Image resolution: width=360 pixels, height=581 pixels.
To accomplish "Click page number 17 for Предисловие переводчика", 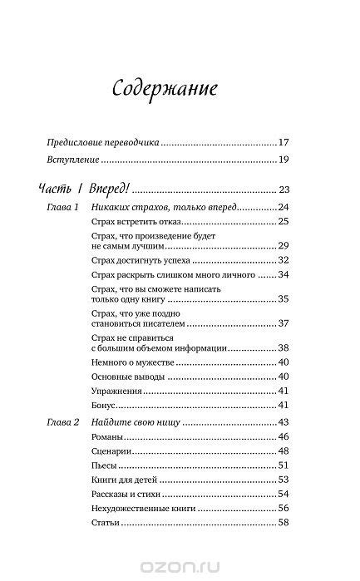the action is pyautogui.click(x=283, y=142).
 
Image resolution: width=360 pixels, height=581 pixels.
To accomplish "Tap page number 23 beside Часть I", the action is pyautogui.click(x=283, y=189).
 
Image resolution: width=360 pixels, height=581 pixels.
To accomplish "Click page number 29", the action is pyautogui.click(x=283, y=246).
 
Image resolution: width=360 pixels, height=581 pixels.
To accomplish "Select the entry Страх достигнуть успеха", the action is pyautogui.click(x=136, y=260).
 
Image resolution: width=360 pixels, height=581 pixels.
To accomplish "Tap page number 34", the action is pyautogui.click(x=283, y=274).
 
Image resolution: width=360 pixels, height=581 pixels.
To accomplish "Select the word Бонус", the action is pyautogui.click(x=101, y=405).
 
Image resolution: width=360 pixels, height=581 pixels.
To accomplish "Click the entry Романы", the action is pyautogui.click(x=104, y=436).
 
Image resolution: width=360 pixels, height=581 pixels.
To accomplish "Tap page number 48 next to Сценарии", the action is pyautogui.click(x=283, y=451).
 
